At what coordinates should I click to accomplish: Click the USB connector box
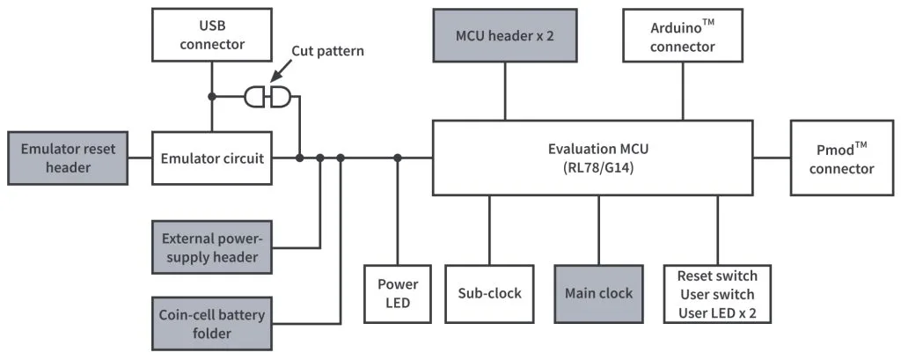[x=211, y=35]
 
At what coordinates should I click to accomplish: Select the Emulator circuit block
[x=211, y=158]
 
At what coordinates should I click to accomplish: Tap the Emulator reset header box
[x=68, y=158]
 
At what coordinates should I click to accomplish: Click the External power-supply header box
[x=211, y=246]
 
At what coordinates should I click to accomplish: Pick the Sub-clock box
[x=489, y=294]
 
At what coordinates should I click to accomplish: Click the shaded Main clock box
[x=598, y=294]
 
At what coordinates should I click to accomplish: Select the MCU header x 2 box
[x=504, y=36]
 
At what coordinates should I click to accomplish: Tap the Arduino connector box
[x=682, y=36]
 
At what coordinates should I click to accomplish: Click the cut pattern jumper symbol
[x=267, y=97]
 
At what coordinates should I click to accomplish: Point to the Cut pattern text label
[x=327, y=51]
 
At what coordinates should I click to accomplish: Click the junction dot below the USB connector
[x=211, y=97]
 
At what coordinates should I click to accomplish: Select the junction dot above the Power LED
[x=398, y=158]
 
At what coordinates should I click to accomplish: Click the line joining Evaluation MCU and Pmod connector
[x=772, y=158]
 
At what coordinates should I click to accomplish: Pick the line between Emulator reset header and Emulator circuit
[x=140, y=158]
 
